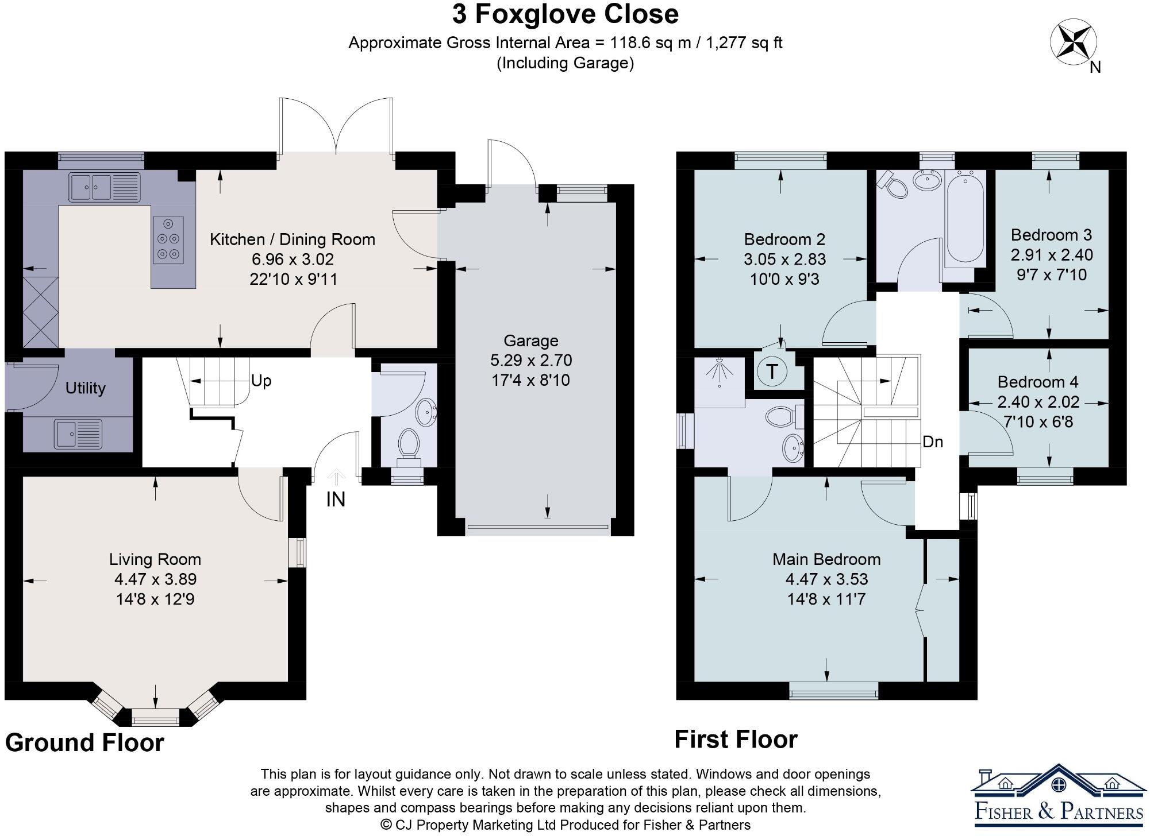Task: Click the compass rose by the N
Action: pyautogui.click(x=1073, y=41)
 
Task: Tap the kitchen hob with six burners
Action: pyautogui.click(x=168, y=240)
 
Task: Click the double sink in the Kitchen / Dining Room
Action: pyautogui.click(x=104, y=187)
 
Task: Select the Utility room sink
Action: pyautogui.click(x=78, y=434)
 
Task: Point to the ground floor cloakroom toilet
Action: pyautogui.click(x=409, y=444)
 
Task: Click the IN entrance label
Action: pyautogui.click(x=336, y=500)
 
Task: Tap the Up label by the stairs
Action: pyautogui.click(x=261, y=381)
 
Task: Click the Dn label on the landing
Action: pyautogui.click(x=932, y=442)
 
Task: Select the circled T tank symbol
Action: pyautogui.click(x=772, y=371)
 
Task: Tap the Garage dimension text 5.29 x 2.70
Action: pyautogui.click(x=530, y=361)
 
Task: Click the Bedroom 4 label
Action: pyautogui.click(x=1037, y=382)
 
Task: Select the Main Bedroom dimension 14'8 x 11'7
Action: pyautogui.click(x=826, y=599)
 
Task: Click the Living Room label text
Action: pyautogui.click(x=155, y=559)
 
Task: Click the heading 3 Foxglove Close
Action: pyautogui.click(x=565, y=14)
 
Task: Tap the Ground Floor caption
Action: pyautogui.click(x=84, y=742)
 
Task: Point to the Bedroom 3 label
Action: pyautogui.click(x=1051, y=235)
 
